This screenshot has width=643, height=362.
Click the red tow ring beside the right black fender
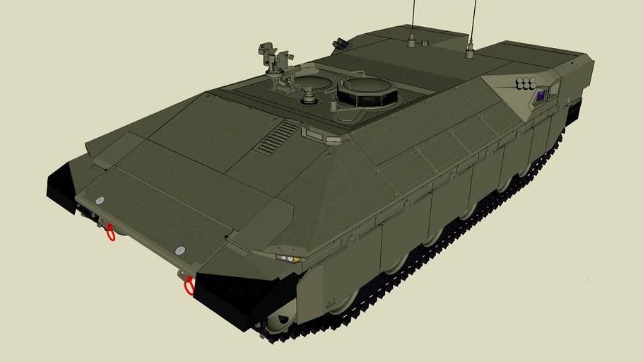click(x=189, y=286)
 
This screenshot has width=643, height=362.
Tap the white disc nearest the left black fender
click(x=100, y=201)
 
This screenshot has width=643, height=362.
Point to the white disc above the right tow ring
click(x=179, y=250)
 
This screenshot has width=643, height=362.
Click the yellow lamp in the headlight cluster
click(x=297, y=259)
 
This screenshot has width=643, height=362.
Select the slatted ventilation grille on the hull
click(x=277, y=137)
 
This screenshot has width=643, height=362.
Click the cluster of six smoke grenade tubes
click(x=525, y=85)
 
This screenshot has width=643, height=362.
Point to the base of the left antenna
click(x=412, y=41)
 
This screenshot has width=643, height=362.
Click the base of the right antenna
click(x=470, y=50)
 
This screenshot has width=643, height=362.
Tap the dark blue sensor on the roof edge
click(x=340, y=44)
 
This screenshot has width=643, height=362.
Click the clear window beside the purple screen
click(x=554, y=89)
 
